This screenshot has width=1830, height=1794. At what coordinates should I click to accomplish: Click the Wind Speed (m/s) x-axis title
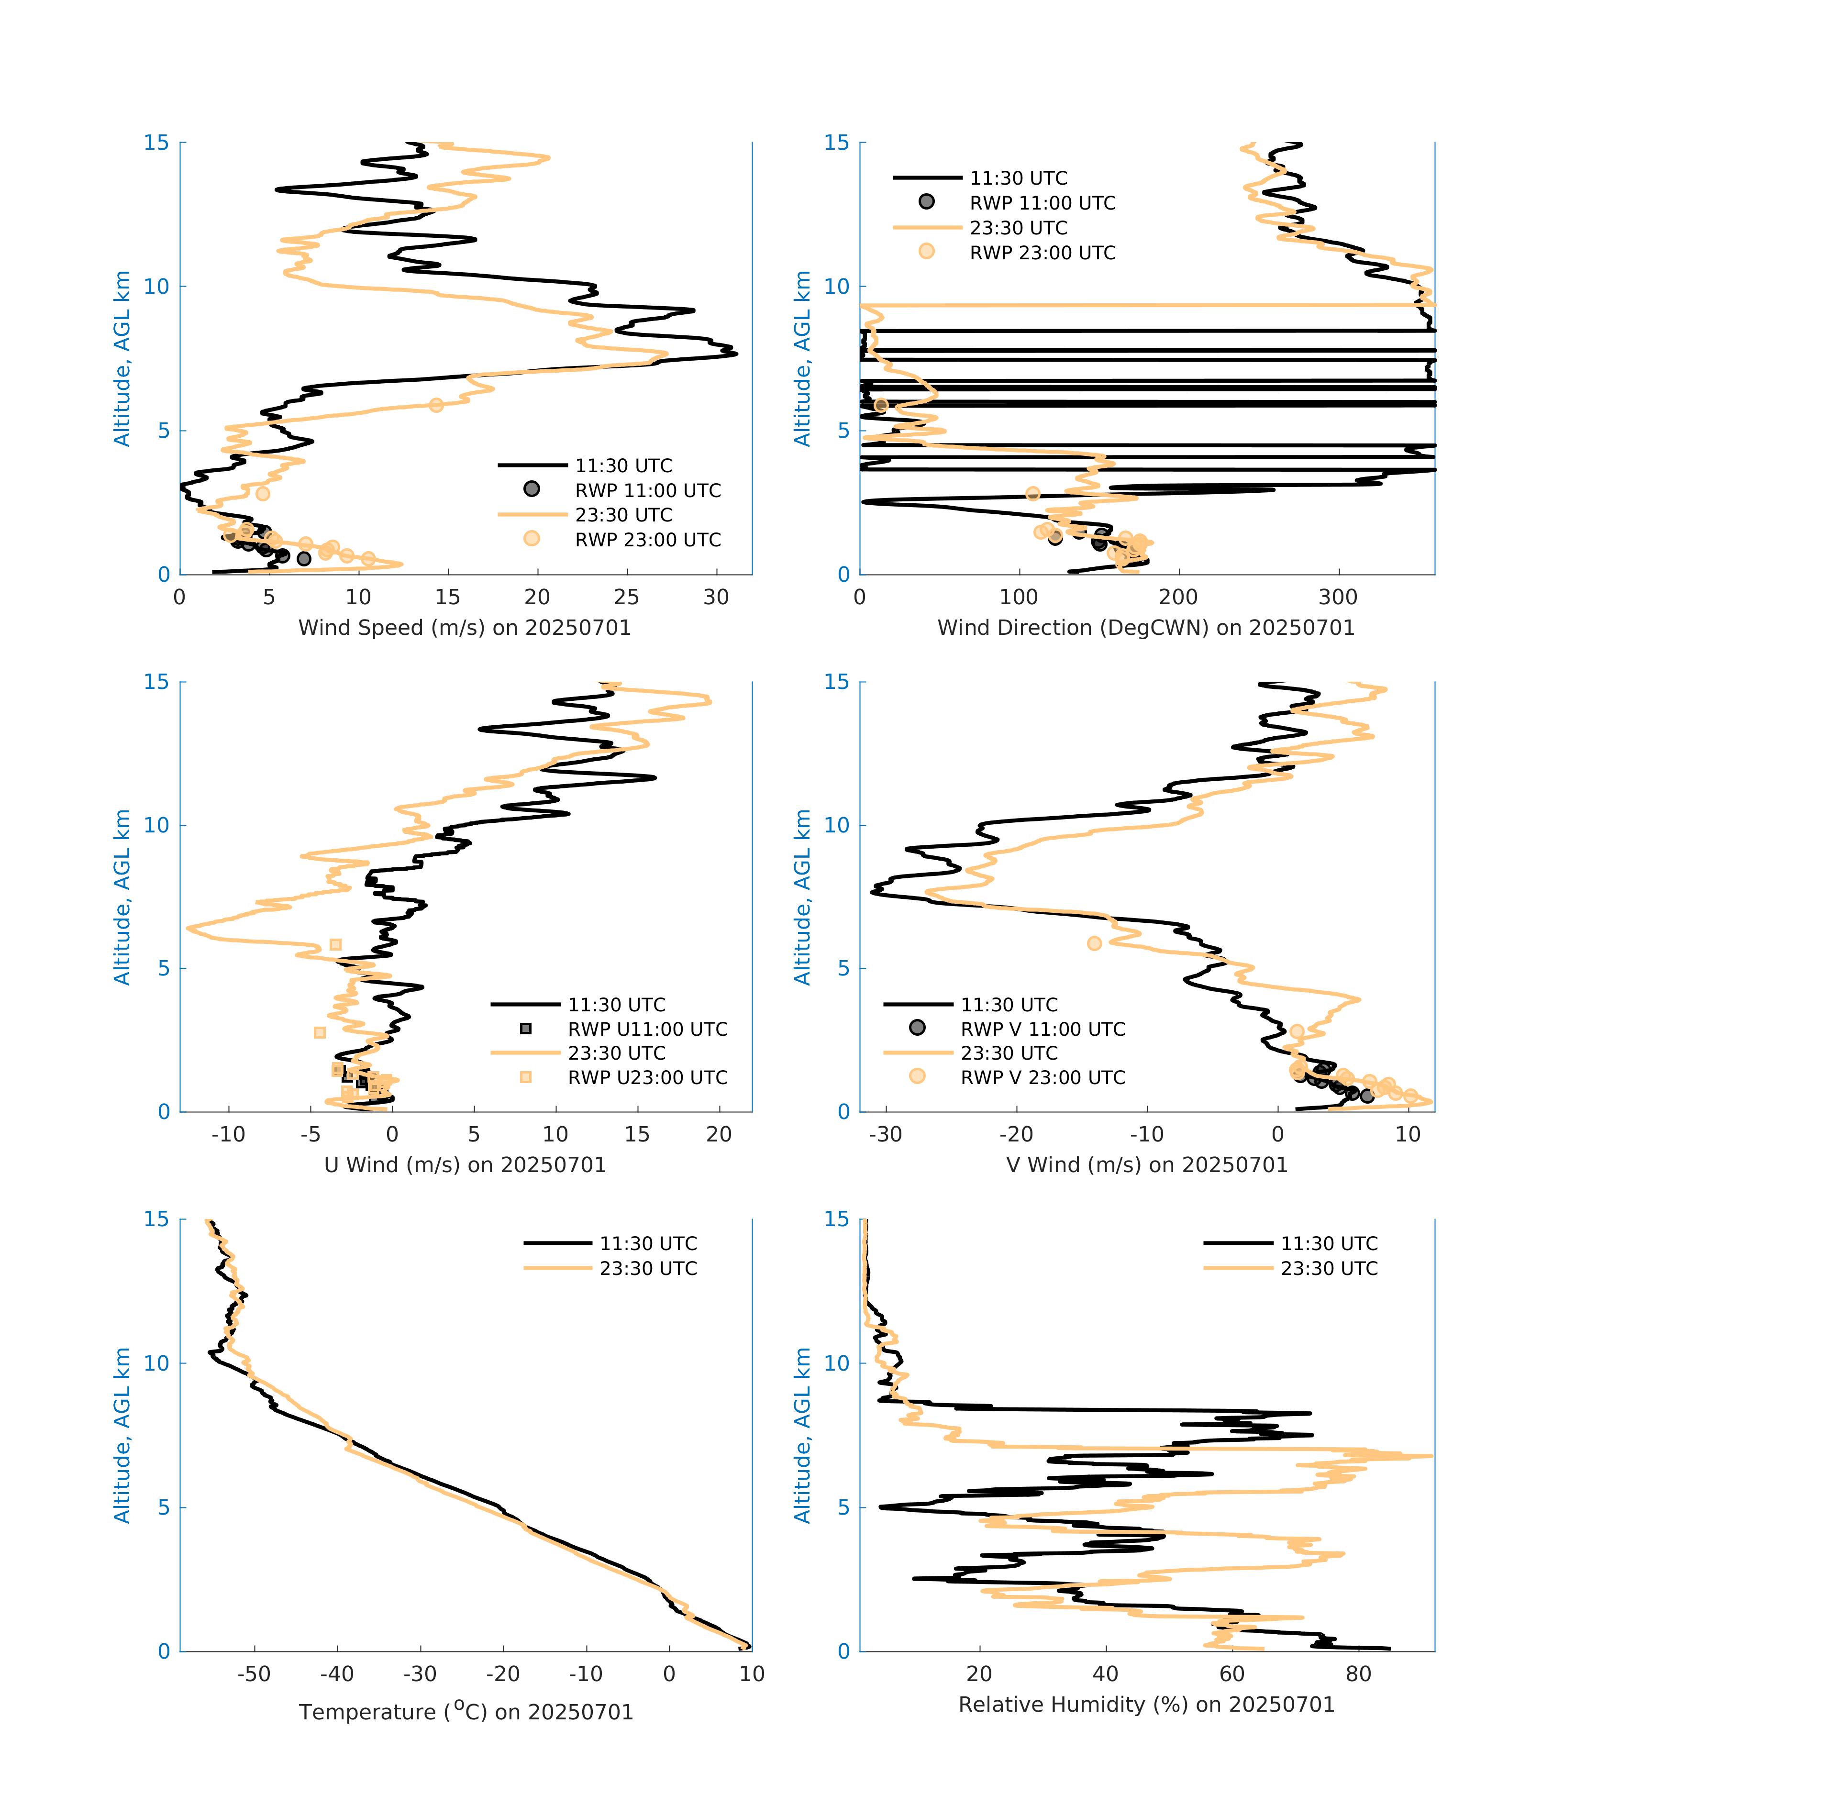click(465, 628)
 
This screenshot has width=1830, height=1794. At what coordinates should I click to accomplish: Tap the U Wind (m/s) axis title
click(465, 1164)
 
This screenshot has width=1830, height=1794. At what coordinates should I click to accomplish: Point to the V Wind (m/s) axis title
click(1146, 1164)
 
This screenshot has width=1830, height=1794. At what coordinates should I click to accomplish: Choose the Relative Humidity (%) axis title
click(1146, 1705)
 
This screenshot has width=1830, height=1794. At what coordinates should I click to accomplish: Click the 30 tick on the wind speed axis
click(716, 598)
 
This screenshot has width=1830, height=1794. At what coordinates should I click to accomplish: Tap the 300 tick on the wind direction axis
click(1338, 598)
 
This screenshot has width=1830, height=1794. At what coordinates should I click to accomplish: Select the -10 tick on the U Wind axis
click(228, 1134)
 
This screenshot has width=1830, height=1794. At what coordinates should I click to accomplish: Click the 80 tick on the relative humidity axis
click(1358, 1673)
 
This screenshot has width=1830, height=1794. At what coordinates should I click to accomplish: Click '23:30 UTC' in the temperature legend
click(648, 1268)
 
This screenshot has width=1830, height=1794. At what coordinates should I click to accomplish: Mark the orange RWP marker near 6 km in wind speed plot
click(436, 405)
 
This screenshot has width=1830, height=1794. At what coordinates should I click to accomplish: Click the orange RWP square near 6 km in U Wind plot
click(335, 944)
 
